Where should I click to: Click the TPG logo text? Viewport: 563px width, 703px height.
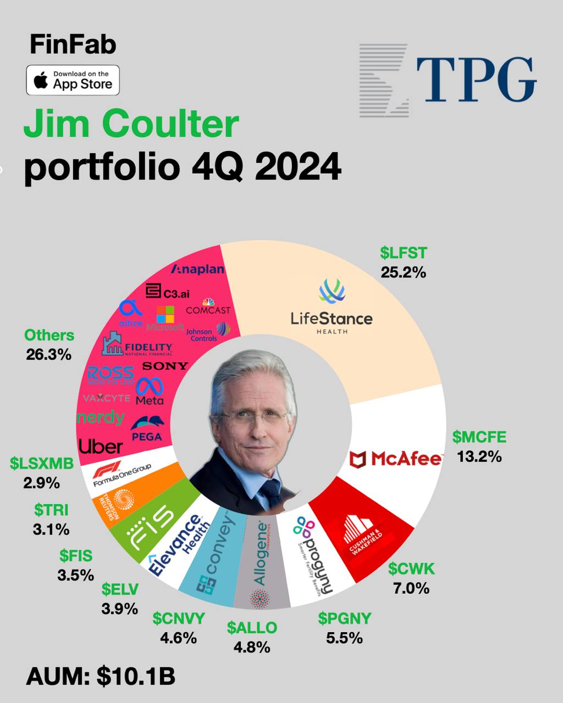476,80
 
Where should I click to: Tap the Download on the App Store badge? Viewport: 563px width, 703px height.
73,80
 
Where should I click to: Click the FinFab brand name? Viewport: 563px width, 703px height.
73,45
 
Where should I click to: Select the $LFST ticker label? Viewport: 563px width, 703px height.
403,253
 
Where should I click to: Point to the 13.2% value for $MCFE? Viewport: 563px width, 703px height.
479,456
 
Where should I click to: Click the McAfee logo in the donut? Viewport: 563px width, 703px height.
396,458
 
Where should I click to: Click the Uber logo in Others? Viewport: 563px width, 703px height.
101,446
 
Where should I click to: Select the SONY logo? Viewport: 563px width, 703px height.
165,366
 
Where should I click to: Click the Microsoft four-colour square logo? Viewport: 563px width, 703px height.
165,315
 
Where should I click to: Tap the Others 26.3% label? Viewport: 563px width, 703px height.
49,345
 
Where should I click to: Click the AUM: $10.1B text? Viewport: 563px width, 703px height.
101,677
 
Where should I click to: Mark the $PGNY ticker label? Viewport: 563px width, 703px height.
344,618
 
